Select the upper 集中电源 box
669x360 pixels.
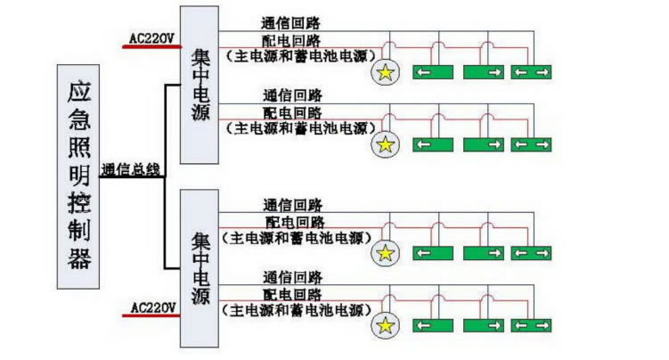(x=199, y=85)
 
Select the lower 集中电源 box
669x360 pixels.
(x=199, y=268)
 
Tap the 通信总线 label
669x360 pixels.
(x=131, y=168)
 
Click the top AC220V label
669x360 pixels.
(x=152, y=37)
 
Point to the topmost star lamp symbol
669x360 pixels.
(x=385, y=72)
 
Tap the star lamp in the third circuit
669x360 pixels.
(x=385, y=253)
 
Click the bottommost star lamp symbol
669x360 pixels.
(x=385, y=325)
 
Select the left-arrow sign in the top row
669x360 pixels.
(x=435, y=72)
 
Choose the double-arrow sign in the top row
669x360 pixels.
(x=532, y=72)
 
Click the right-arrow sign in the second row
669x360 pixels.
(x=484, y=143)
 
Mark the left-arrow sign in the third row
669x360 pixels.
(x=435, y=253)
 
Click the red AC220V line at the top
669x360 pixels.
(x=151, y=46)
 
